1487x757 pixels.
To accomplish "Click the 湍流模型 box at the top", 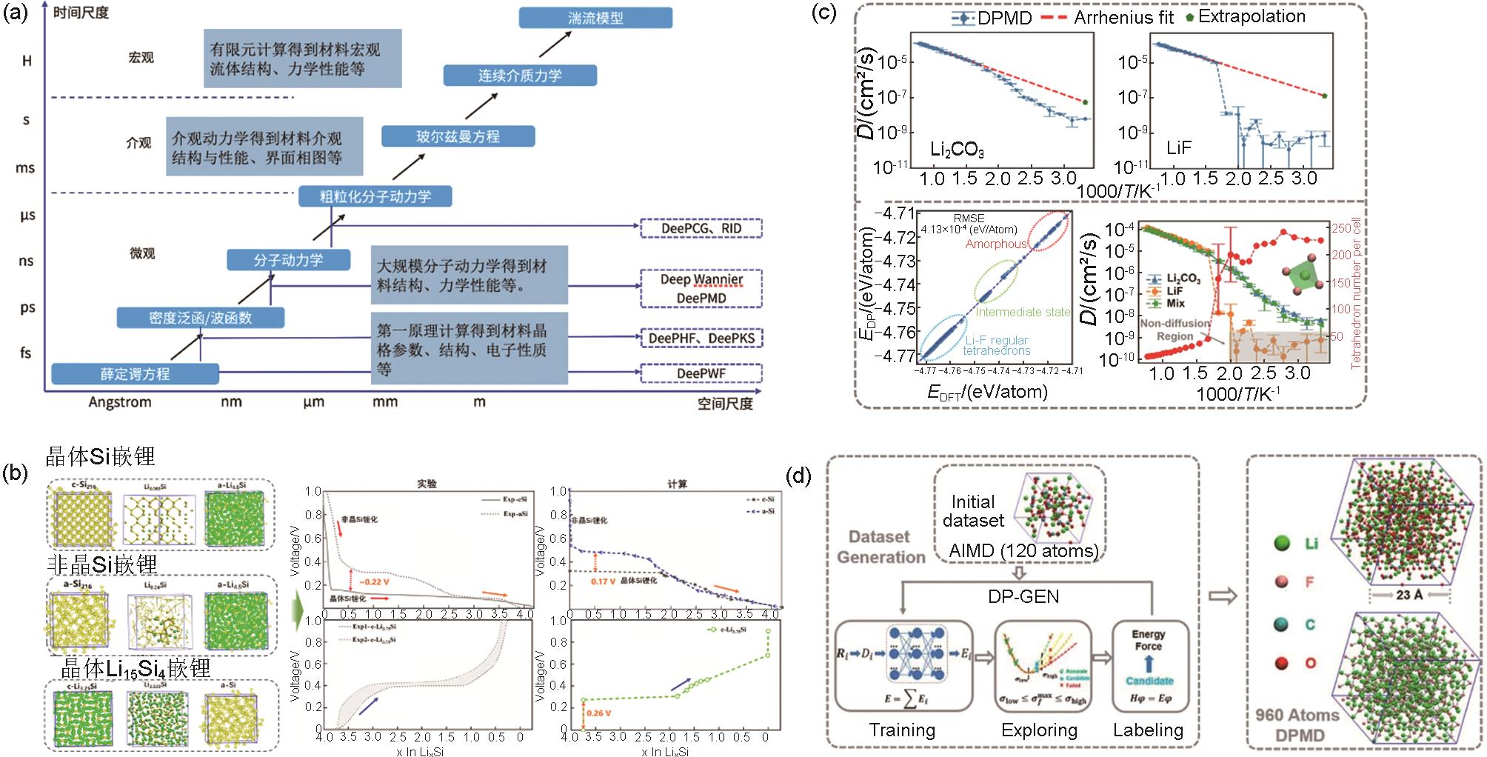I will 595,18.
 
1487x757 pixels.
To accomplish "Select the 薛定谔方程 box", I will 135,374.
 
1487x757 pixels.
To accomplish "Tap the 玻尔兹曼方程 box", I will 458,136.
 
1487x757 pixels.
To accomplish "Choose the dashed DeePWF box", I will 701,373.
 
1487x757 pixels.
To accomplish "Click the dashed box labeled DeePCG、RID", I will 701,228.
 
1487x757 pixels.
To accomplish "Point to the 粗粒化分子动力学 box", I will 375,196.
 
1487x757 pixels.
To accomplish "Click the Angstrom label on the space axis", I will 120,402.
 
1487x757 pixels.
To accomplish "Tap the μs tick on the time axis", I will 27,216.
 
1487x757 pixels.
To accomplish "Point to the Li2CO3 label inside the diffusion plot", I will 957,150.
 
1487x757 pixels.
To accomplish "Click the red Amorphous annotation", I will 996,244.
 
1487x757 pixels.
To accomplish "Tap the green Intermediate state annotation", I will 1023,312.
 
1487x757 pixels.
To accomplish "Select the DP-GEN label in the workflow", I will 1023,596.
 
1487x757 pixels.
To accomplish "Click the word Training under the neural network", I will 902,730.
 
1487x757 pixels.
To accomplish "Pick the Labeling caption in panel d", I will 1148,730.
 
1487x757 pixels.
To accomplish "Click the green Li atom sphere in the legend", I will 1281,544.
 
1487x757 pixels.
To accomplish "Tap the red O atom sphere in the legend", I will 1281,663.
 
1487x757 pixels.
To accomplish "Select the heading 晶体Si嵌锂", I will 101,456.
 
